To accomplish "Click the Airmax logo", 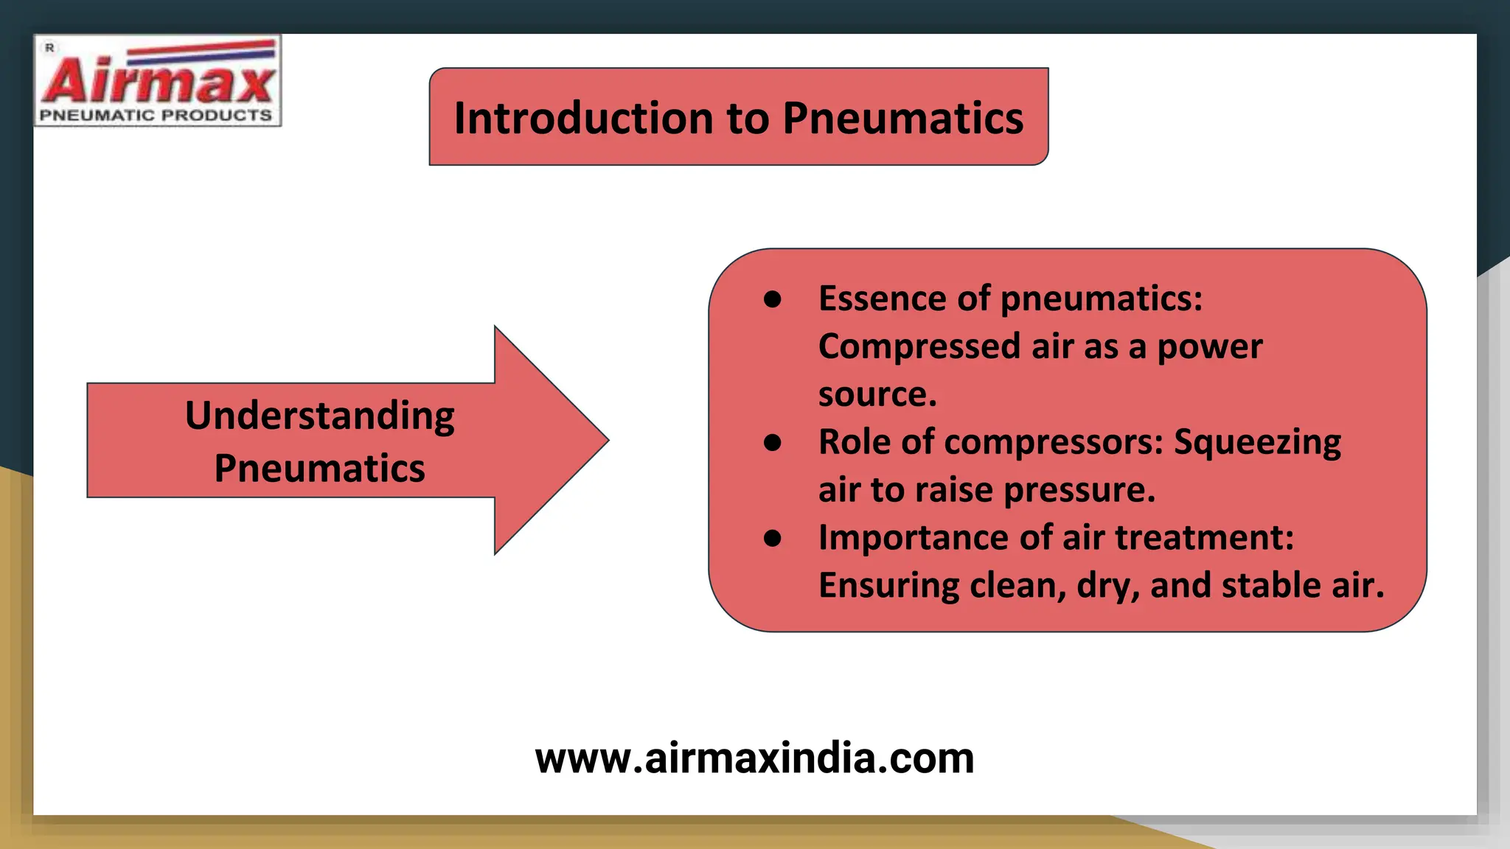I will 157,80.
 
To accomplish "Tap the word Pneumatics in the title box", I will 902,118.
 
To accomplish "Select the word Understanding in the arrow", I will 319,416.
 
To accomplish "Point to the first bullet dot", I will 772,299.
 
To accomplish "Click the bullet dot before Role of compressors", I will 772,442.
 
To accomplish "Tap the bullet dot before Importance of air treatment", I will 772,538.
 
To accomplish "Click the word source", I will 877,394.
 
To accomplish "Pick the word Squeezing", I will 1257,442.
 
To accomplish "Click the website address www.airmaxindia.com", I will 754,758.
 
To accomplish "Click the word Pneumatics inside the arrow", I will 319,468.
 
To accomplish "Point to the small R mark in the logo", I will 49,48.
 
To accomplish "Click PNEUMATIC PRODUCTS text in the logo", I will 156,115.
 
